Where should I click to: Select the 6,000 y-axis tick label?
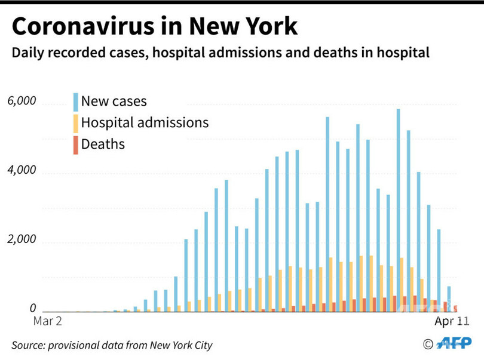coord(22,101)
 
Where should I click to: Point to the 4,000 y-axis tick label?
coord(22,171)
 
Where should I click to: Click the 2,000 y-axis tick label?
coord(22,240)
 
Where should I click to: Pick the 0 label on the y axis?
coord(33,309)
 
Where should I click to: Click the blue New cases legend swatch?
coord(75,101)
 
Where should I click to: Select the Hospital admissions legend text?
coord(145,123)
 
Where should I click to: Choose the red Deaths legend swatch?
coord(75,144)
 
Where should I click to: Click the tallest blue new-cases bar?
coord(399,209)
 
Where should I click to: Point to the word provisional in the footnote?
coord(79,345)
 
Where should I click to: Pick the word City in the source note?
coord(201,345)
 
